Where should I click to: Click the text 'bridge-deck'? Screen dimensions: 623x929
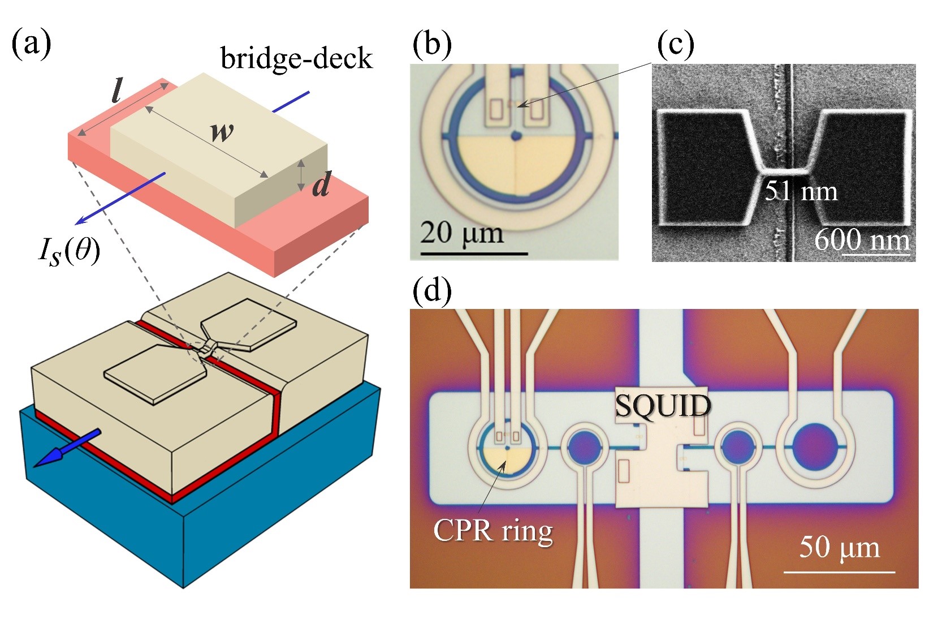click(x=296, y=59)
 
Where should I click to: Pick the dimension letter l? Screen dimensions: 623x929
click(x=117, y=91)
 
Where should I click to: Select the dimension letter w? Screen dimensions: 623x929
click(x=221, y=132)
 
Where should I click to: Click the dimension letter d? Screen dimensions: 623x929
click(x=321, y=184)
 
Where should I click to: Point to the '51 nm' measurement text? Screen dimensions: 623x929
click(x=801, y=192)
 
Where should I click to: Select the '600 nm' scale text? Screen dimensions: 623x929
click(x=862, y=240)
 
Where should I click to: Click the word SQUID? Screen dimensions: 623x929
click(x=663, y=406)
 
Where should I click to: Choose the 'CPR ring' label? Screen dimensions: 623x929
click(x=492, y=531)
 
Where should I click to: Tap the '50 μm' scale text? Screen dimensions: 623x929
click(x=839, y=547)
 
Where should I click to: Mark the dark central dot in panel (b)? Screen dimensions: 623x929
click(x=515, y=135)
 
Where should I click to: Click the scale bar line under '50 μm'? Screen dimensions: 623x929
click(x=839, y=572)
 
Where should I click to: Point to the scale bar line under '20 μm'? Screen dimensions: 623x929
click(x=474, y=253)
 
